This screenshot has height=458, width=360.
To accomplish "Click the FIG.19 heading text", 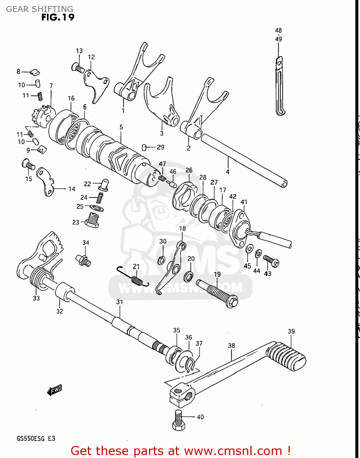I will click(x=58, y=17).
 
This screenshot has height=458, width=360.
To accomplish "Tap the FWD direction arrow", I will click(x=55, y=390).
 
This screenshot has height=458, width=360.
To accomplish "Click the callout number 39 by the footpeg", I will click(x=291, y=331).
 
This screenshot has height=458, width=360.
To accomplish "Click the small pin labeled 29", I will click(x=145, y=147).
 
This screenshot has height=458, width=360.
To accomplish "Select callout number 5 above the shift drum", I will click(x=121, y=127).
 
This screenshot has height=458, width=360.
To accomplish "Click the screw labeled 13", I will click(x=78, y=68).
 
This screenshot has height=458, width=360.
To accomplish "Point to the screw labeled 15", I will click(x=28, y=165).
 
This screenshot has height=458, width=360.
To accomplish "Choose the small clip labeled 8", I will click(x=35, y=72).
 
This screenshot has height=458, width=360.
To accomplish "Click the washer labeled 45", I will click(x=249, y=249).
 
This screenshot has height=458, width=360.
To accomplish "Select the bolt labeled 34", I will click(x=83, y=260).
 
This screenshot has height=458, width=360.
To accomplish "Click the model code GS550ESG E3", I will click(x=36, y=438).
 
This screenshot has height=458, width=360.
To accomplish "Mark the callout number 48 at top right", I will click(x=278, y=31).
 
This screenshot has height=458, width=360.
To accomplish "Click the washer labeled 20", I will click(x=188, y=276).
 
